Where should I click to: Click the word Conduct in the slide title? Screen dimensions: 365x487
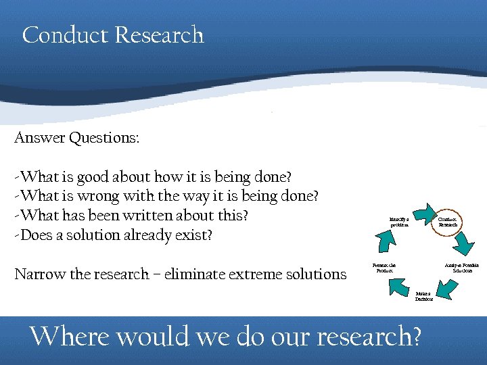[x=66, y=34]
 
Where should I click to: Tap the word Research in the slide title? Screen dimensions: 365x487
[x=159, y=34]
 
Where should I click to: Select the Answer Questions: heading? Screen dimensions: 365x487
[x=76, y=138]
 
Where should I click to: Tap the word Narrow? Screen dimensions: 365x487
[x=39, y=274]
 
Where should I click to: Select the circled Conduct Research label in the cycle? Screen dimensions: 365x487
[x=448, y=222]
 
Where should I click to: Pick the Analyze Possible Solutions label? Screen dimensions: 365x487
[x=461, y=268]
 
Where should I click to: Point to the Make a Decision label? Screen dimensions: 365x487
[x=424, y=297]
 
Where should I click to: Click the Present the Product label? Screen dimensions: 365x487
[x=384, y=268]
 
